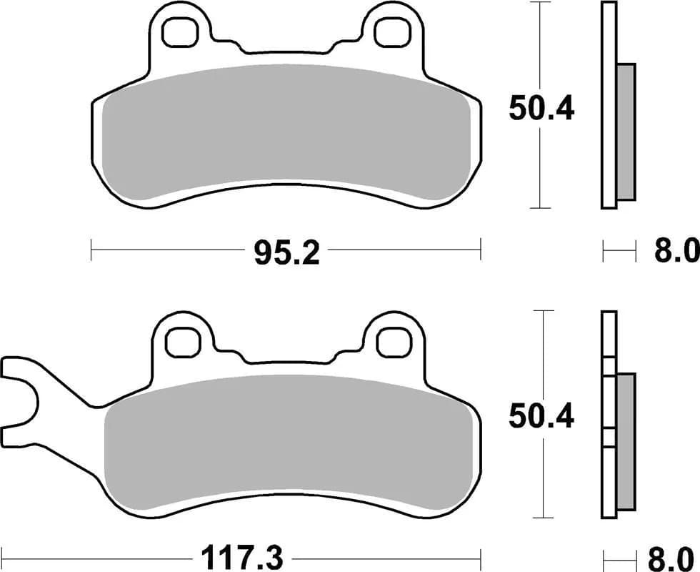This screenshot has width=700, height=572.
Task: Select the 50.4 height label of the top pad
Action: (x=541, y=109)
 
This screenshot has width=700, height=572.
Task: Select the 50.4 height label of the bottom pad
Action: (x=541, y=416)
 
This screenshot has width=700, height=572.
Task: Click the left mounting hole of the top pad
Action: (x=179, y=31)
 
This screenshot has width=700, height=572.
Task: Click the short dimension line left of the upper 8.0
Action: (x=619, y=251)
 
